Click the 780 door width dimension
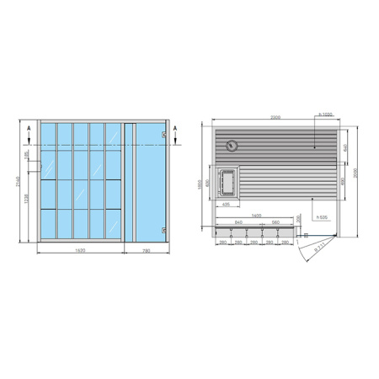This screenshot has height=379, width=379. (x=147, y=251)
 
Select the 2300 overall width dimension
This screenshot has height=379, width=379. (x=275, y=117)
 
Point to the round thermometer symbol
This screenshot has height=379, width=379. (x=232, y=146)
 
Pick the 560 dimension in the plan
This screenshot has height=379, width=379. (x=276, y=222)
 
